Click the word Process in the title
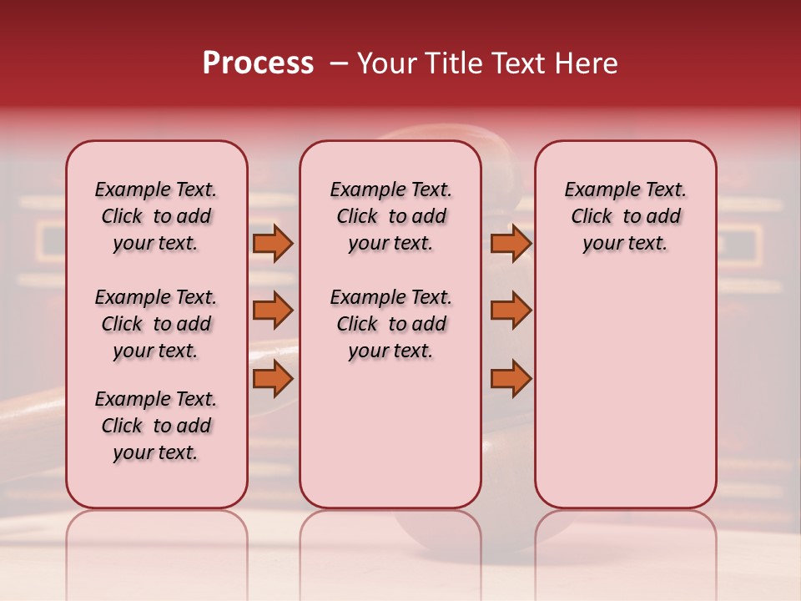click(x=258, y=63)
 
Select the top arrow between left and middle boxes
click(x=272, y=243)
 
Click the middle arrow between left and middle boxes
click(x=272, y=311)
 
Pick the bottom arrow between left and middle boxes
click(x=272, y=378)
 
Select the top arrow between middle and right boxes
click(x=511, y=243)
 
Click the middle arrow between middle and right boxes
click(x=511, y=311)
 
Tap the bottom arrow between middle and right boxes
click(x=511, y=378)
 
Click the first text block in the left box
click(x=156, y=216)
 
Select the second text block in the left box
click(x=156, y=324)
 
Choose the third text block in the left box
click(x=156, y=426)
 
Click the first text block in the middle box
click(x=390, y=216)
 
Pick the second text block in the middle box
click(x=390, y=324)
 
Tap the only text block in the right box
click(x=626, y=216)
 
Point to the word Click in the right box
click(x=592, y=217)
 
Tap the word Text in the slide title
click(x=513, y=63)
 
